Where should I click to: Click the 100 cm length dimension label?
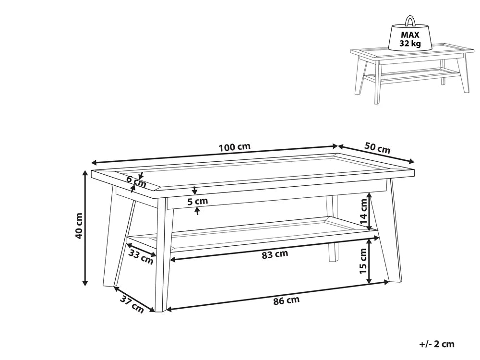[235, 147]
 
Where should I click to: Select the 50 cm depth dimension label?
[377, 147]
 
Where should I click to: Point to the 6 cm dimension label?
[136, 181]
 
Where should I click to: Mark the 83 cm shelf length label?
[275, 254]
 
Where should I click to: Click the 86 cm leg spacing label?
[286, 301]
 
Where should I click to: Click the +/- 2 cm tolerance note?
[436, 344]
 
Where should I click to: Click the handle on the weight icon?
[410, 20]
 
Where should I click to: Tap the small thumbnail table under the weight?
[409, 72]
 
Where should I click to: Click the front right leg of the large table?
[393, 235]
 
